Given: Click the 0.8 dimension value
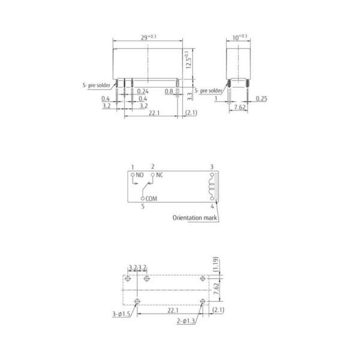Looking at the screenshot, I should click(x=169, y=92).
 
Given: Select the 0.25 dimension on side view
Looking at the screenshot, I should click(x=261, y=98).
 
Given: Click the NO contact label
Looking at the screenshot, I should click(x=140, y=175).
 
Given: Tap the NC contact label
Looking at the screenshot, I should click(x=160, y=175).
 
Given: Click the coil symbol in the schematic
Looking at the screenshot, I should click(x=211, y=186).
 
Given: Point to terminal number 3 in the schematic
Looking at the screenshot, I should click(x=211, y=166).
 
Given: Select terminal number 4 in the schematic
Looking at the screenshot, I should click(x=212, y=206).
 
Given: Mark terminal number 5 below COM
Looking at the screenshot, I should click(x=143, y=206).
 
